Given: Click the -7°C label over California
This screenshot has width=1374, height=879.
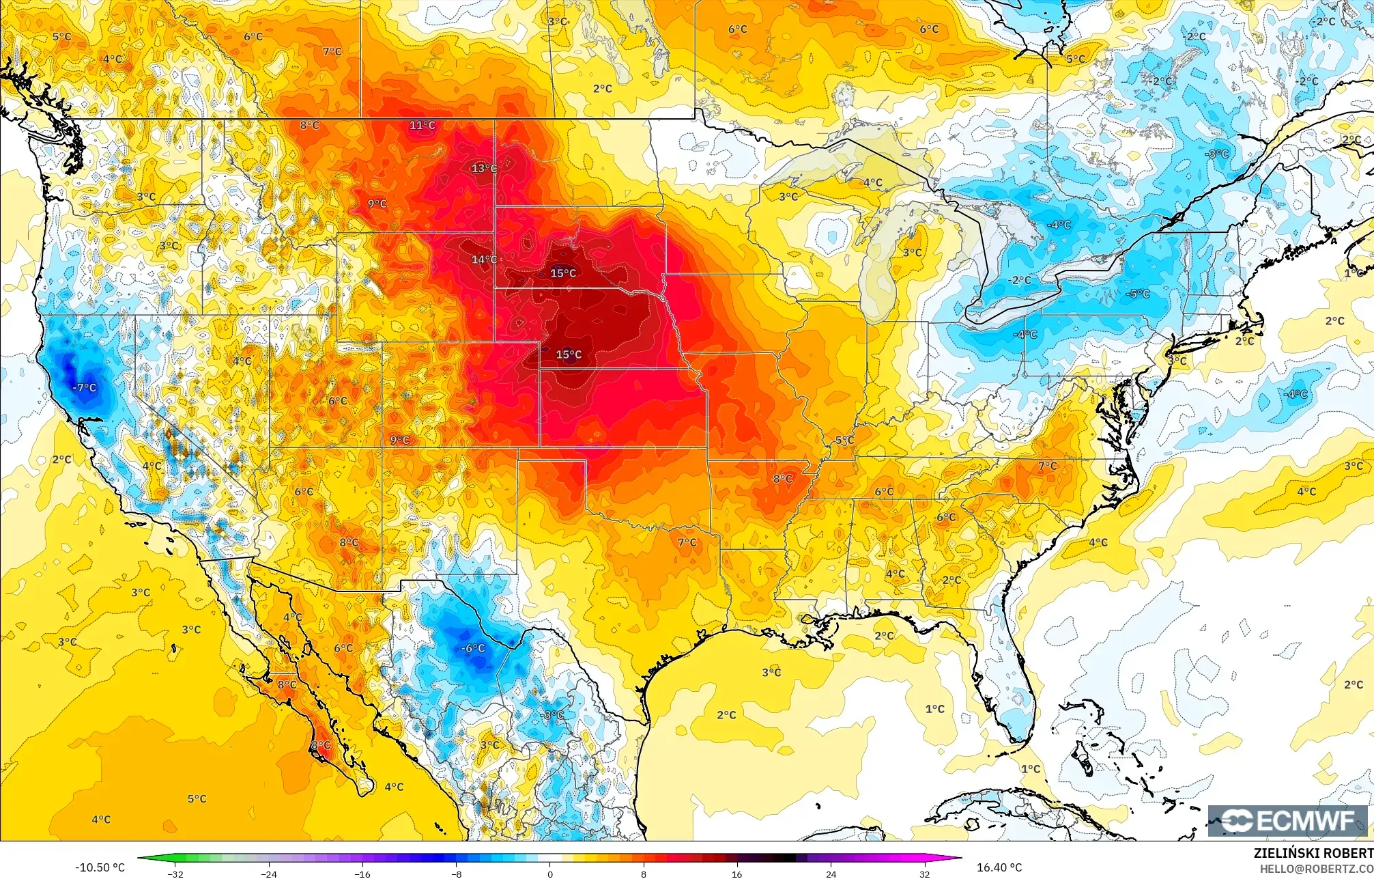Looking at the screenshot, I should tap(85, 387).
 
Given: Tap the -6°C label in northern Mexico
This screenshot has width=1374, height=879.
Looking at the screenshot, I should tap(473, 648).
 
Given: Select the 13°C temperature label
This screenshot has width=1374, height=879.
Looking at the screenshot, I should tap(484, 168).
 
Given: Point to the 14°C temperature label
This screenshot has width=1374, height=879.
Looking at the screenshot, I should tap(484, 260).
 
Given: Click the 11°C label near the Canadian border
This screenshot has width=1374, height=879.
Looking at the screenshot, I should tap(423, 125).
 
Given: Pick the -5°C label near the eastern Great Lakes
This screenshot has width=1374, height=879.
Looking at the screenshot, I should tap(1139, 294).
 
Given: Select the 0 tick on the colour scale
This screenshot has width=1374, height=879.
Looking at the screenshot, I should tap(549, 874).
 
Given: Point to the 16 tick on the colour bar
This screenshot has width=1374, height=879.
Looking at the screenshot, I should tap(736, 874).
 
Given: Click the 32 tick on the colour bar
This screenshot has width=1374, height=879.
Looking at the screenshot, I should tap(924, 874).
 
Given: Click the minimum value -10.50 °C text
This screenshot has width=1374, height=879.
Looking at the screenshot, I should tap(100, 867).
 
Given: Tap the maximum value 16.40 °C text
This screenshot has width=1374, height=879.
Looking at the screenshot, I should tap(999, 867).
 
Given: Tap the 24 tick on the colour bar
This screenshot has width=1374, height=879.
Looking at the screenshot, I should tap(830, 874).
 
